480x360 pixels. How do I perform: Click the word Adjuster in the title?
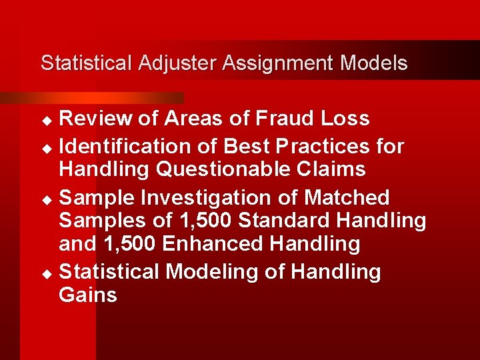pos(178,63)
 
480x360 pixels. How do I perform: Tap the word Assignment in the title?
pos(278,63)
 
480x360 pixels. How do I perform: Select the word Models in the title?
pos(373,63)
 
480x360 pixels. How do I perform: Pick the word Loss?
pos(345,119)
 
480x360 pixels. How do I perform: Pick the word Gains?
pos(88,295)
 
